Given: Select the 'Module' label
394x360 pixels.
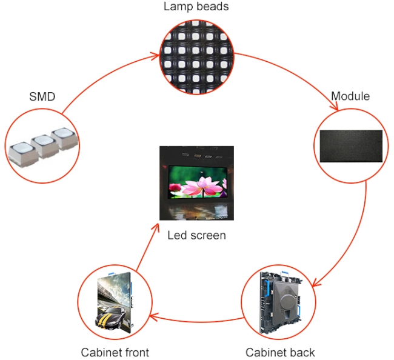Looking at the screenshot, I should click(x=350, y=96).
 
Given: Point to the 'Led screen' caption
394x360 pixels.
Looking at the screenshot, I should click(x=196, y=235).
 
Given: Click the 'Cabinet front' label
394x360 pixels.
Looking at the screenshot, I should click(x=115, y=352).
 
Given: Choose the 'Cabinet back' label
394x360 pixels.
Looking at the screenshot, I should click(x=280, y=352).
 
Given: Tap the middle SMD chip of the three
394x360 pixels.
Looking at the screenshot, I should click(x=44, y=144).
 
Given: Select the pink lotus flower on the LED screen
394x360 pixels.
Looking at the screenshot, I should click(x=198, y=182).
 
